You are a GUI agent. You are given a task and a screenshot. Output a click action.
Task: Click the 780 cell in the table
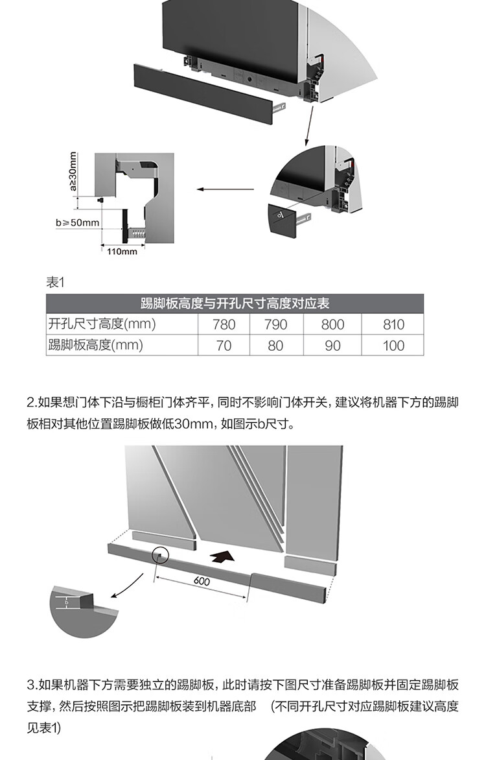[x=224, y=324]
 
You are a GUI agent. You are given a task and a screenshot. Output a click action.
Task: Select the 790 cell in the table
[x=275, y=324]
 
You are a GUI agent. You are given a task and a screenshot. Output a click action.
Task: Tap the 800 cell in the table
[x=332, y=324]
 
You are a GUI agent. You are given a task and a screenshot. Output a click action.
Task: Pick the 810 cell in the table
[x=393, y=324]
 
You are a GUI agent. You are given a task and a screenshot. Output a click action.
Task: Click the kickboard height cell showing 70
[x=224, y=346]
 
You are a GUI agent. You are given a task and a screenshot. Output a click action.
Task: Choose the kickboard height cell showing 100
[x=393, y=346]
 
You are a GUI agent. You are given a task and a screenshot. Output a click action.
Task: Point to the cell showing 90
[x=332, y=346]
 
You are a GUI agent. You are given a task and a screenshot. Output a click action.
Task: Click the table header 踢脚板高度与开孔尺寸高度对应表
[x=235, y=303]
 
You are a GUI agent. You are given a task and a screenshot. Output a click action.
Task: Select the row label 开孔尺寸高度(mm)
[x=102, y=324]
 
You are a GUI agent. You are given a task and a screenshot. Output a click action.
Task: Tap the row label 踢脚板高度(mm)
[x=95, y=345]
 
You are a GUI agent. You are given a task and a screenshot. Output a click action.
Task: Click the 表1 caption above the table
[x=55, y=282]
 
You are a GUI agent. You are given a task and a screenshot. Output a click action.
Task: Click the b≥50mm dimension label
[x=77, y=223]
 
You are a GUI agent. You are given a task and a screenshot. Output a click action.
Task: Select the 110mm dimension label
[x=122, y=252]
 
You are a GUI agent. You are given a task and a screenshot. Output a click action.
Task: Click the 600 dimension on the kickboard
[x=202, y=581]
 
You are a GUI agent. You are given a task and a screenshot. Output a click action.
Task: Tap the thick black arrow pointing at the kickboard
[x=222, y=556]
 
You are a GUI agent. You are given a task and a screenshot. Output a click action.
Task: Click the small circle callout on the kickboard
[x=160, y=555]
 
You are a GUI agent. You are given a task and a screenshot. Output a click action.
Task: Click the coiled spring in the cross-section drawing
[x=138, y=231]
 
